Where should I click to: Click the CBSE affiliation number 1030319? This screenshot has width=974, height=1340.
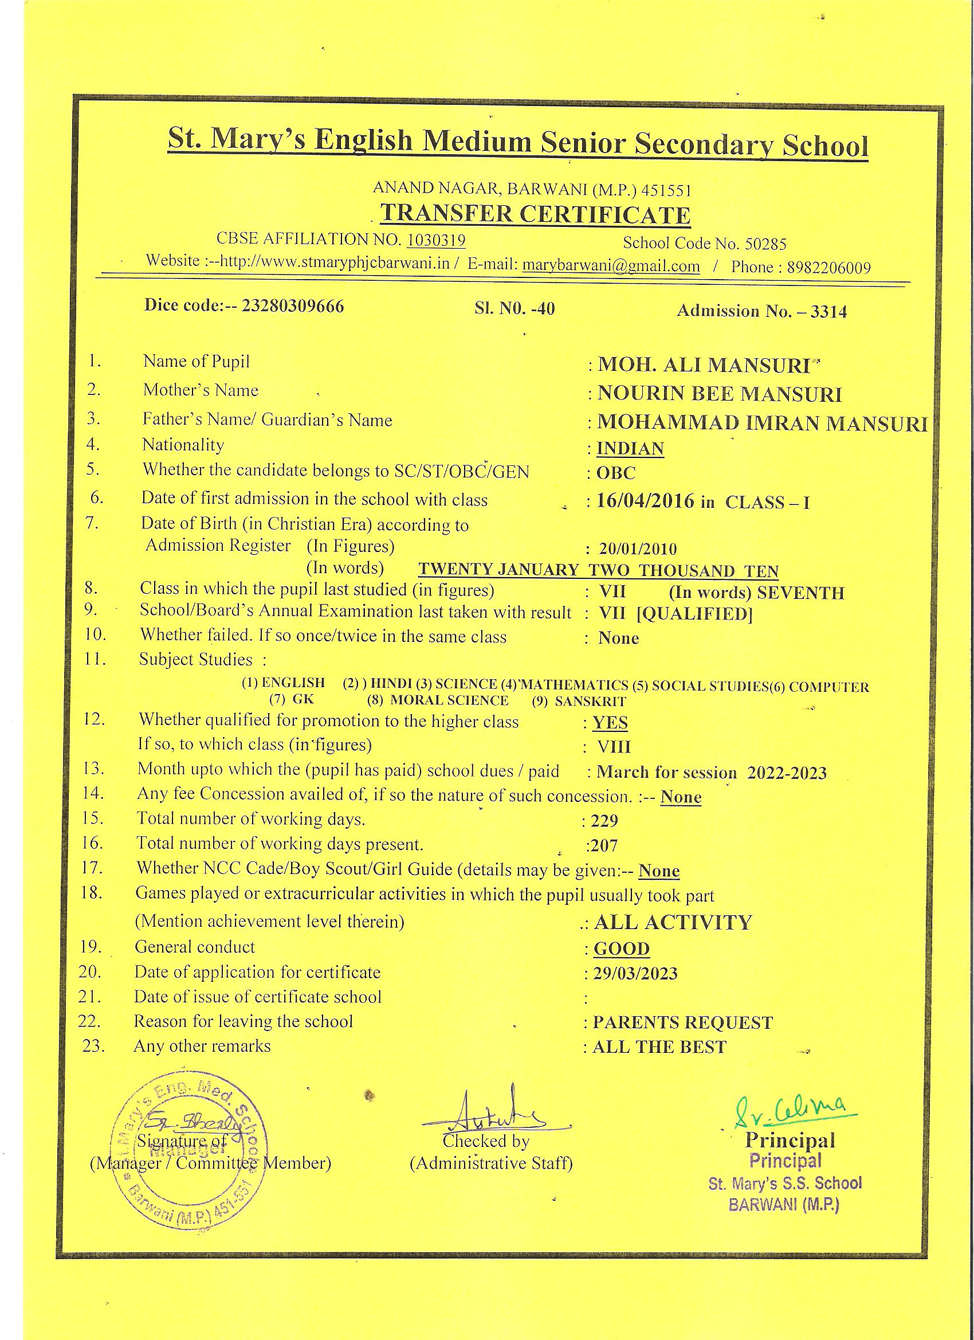[436, 240]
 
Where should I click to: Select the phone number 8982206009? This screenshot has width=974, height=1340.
[829, 268]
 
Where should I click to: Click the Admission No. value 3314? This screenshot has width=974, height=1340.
[828, 311]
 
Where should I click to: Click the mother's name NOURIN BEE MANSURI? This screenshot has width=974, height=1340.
[720, 394]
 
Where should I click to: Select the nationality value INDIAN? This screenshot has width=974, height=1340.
[630, 448]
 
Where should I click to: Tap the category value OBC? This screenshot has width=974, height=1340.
[616, 473]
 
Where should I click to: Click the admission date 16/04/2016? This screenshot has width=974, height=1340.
[646, 501]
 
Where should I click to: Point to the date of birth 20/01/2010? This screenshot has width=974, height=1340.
[638, 549]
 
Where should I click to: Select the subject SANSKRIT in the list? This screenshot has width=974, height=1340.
[590, 702]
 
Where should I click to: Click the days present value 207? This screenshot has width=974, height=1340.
[604, 845]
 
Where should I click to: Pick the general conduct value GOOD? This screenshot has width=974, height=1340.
[622, 949]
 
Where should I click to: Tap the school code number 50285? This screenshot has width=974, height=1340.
[765, 244]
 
